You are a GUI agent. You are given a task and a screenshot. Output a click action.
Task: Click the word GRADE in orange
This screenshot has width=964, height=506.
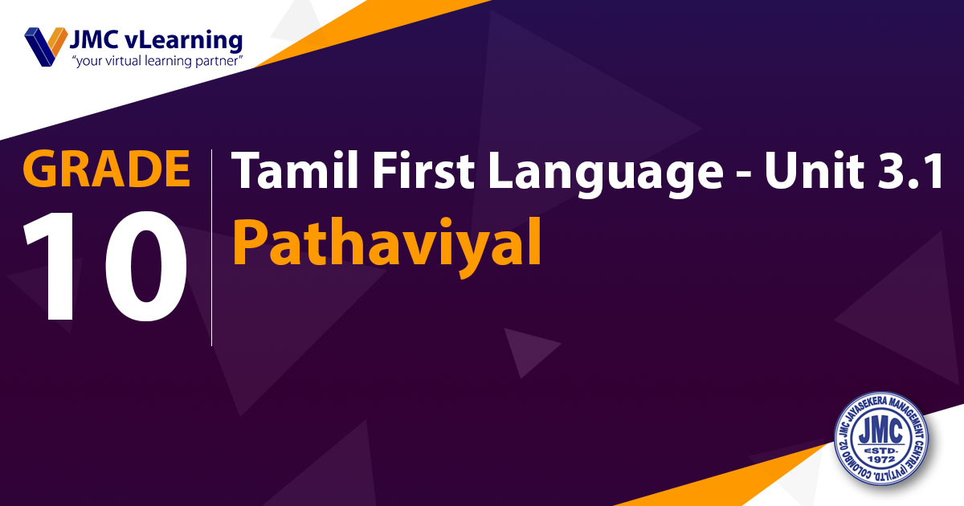(106, 169)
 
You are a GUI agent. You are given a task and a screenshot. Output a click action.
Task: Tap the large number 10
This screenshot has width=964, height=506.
(105, 267)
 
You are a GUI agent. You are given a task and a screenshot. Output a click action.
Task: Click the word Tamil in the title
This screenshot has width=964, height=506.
(296, 169)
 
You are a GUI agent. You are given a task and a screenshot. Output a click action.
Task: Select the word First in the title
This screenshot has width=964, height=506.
(423, 169)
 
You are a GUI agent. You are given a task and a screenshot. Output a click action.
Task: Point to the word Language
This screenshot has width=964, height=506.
(606, 173)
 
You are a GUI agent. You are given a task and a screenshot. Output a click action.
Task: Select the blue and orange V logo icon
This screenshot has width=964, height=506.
(46, 47)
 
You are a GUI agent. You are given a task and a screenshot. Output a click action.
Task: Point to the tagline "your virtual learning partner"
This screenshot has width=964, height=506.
(157, 61)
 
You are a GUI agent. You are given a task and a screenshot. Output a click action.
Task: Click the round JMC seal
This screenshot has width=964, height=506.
(881, 439)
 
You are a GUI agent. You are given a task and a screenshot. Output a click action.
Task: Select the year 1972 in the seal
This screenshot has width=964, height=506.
(881, 459)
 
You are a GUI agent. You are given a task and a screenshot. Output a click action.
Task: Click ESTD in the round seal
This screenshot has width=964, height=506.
(881, 450)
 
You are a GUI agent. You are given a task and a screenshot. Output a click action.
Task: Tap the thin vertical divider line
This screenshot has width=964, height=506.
(212, 248)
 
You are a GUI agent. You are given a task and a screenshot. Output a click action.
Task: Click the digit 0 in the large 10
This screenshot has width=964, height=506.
(146, 267)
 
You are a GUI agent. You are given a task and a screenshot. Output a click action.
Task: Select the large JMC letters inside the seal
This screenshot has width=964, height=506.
(880, 431)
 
